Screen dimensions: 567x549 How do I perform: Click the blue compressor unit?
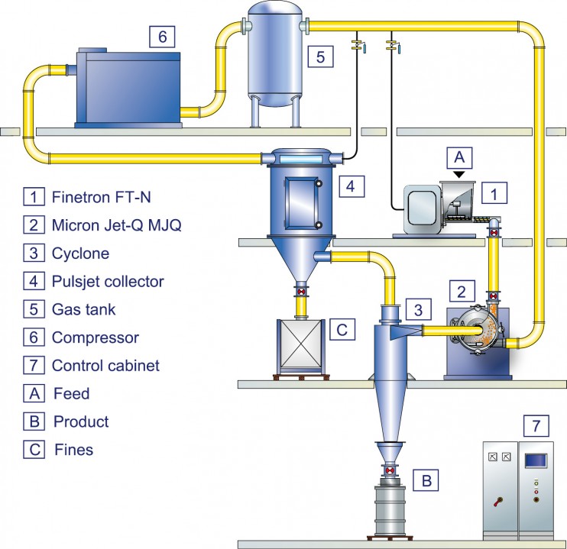pos(128,88)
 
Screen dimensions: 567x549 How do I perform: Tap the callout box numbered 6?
pos(162,37)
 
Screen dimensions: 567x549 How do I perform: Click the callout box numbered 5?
pos(320,57)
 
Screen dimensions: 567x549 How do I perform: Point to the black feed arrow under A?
pos(459,174)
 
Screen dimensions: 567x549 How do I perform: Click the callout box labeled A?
pos(459,157)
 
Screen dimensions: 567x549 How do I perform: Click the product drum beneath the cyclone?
pos(390,509)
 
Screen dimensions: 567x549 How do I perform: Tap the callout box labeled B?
pos(426,480)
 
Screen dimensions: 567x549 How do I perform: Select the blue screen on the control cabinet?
pos(536,460)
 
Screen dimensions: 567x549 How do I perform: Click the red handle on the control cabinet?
pos(498,502)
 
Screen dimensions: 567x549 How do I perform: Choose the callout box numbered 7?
pos(536,426)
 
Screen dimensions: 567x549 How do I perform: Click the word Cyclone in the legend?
pos(80,254)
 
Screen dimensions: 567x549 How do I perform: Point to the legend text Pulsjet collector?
pos(108,282)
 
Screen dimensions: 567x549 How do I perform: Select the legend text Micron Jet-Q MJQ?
pos(116,225)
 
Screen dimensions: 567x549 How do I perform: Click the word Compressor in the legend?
pos(95,337)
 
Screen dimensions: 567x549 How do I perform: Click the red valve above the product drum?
pos(390,470)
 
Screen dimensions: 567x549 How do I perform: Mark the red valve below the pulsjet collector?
pos(301,292)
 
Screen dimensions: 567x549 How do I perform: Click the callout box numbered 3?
pos(419,310)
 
